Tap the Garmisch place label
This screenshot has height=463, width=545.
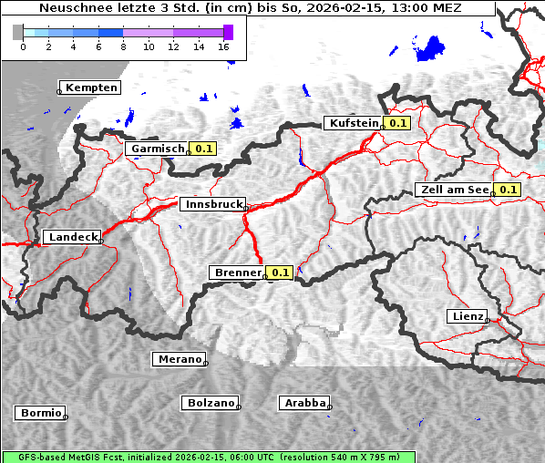[x=158, y=149]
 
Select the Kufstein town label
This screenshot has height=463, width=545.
[x=353, y=123]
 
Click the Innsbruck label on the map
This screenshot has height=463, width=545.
[x=212, y=205]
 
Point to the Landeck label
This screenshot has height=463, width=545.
[x=72, y=237]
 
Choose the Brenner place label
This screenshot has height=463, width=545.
[x=237, y=273]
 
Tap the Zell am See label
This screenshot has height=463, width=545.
[x=453, y=190]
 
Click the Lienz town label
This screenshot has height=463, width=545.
[x=467, y=316]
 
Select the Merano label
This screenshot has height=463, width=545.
[x=179, y=359]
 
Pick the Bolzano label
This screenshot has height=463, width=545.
[x=211, y=403]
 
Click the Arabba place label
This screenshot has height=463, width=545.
[x=303, y=403]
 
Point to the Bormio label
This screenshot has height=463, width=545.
[x=40, y=413]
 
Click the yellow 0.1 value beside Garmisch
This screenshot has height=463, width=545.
[x=202, y=149]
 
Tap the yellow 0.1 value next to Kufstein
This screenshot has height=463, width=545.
[x=397, y=123]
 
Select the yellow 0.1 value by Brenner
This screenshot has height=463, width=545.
[x=279, y=273]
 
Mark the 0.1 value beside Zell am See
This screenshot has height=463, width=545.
[x=508, y=190]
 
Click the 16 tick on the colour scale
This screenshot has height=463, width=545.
[x=223, y=46]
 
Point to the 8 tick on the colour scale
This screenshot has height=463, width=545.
[x=123, y=46]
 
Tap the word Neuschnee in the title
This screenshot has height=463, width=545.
[x=74, y=8]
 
